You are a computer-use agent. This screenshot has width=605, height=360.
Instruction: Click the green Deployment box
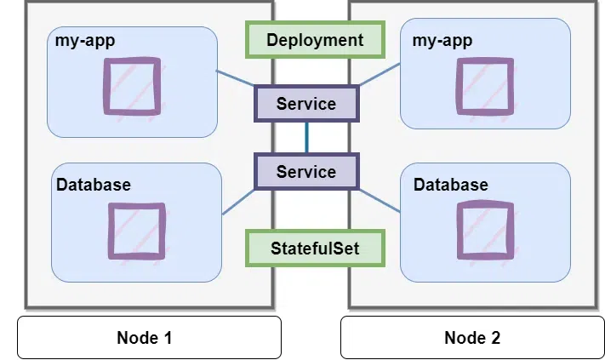tap(314, 40)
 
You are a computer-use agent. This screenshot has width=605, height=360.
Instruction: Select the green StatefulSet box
tap(315, 249)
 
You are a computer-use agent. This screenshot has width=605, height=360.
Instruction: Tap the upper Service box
tap(306, 104)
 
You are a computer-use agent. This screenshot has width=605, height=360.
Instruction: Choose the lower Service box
tap(306, 172)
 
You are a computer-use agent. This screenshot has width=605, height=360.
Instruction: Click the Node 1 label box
tap(149, 338)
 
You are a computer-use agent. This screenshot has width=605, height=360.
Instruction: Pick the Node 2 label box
tap(472, 338)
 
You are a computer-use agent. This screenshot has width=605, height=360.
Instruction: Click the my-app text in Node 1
tap(84, 41)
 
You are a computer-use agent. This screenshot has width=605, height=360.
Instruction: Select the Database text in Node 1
tap(94, 185)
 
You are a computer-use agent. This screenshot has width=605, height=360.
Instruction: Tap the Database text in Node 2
tap(450, 185)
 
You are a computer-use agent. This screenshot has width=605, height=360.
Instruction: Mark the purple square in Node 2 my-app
tap(484, 86)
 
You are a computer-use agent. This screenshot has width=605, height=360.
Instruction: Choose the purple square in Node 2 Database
tap(485, 231)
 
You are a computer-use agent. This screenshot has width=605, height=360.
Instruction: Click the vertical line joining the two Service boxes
tap(306, 137)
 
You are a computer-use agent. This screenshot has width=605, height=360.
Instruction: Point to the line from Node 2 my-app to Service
tap(379, 74)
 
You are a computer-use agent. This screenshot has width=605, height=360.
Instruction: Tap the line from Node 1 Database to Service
tap(239, 200)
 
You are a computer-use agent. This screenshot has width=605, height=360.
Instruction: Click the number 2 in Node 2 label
tap(496, 338)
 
